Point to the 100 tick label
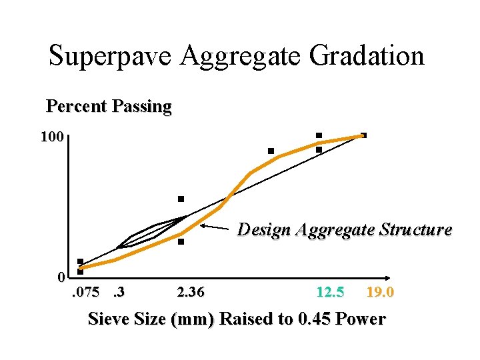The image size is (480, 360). click(x=52, y=138)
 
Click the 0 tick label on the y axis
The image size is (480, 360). click(x=61, y=277)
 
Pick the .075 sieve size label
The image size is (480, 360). click(x=85, y=293)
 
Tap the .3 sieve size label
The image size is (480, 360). click(x=119, y=293)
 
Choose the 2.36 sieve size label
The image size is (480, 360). click(x=191, y=293)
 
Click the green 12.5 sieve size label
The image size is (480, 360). click(x=330, y=293)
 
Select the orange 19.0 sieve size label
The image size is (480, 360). click(x=380, y=293)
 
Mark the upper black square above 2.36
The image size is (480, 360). click(x=181, y=199)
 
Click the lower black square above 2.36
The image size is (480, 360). click(x=181, y=242)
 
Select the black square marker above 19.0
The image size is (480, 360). click(x=363, y=135)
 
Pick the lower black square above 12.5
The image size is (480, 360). click(x=319, y=150)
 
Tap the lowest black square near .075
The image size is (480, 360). click(x=80, y=271)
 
